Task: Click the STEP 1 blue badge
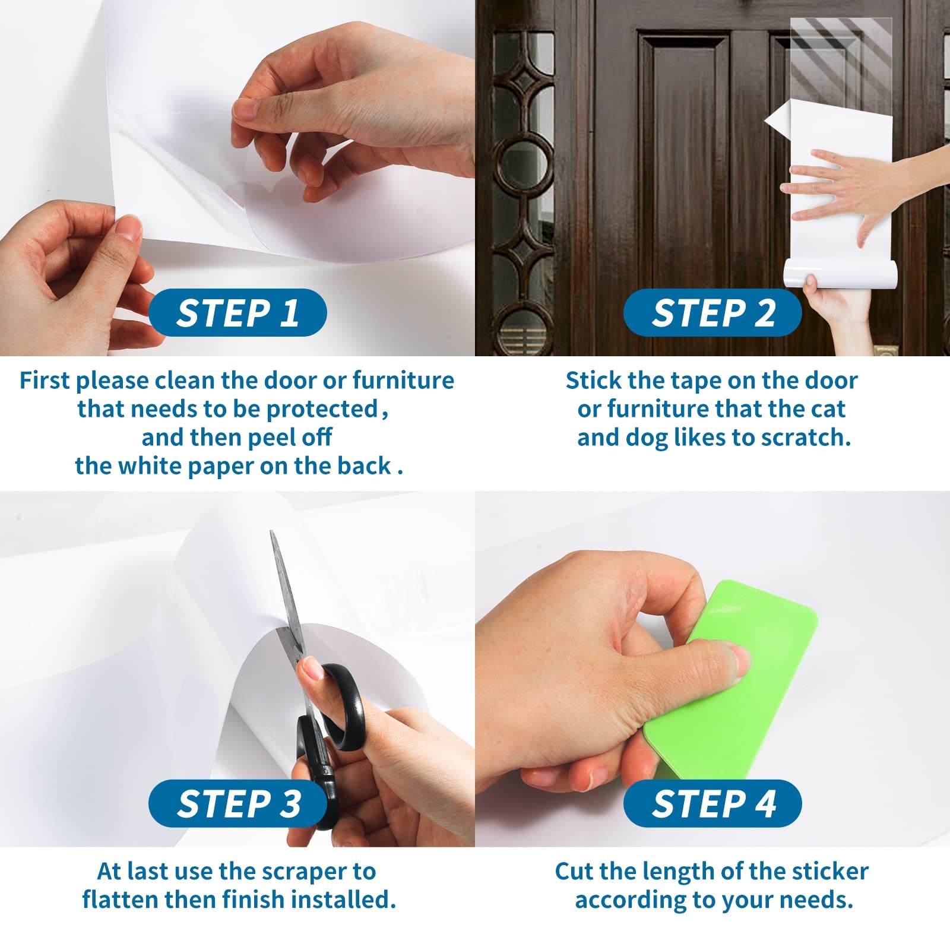pyautogui.click(x=237, y=312)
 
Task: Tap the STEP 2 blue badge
pyautogui.click(x=712, y=312)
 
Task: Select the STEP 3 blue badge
pyautogui.click(x=237, y=803)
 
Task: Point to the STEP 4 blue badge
pyautogui.click(x=712, y=803)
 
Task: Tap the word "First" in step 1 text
pyautogui.click(x=45, y=381)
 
